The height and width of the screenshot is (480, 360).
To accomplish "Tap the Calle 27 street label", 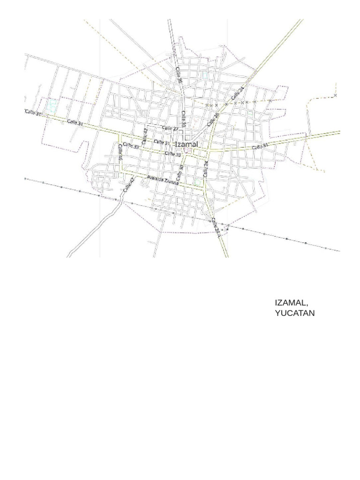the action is point(170,128).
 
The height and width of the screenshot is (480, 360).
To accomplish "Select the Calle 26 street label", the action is point(213,117).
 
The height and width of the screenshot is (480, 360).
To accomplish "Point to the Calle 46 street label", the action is point(120,152).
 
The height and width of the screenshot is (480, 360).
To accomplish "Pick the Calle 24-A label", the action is point(215,226).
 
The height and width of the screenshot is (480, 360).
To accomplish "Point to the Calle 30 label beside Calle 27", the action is point(184,119).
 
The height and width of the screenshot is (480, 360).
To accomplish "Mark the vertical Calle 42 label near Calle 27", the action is point(144,135).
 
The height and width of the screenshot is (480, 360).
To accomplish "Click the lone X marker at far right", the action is point(336,95).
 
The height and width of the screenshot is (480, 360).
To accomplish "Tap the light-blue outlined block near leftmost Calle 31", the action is point(52,105).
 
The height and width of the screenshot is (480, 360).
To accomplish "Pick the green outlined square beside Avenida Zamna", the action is point(198,181).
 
